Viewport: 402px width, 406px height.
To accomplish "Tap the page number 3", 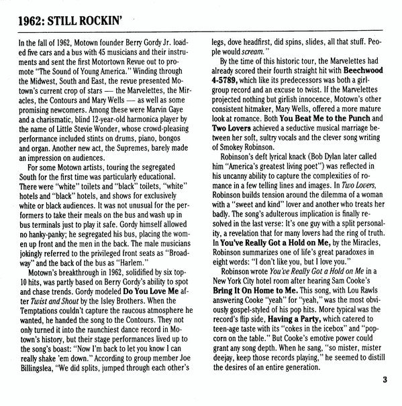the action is click(385, 383).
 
